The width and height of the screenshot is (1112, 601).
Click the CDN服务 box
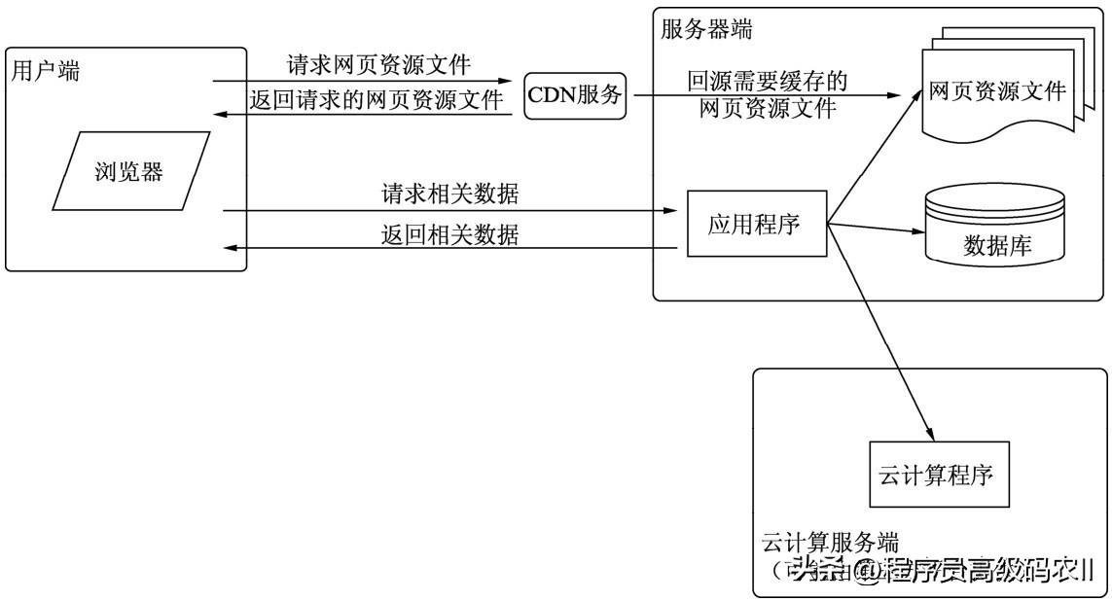574,95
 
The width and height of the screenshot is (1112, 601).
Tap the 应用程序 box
754,225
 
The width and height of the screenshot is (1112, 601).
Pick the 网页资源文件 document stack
996,94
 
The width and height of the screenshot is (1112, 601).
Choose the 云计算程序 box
939,476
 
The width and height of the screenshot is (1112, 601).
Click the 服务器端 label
705,28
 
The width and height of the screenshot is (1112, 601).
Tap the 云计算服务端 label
829,542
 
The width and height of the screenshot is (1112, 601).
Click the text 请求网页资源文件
378,65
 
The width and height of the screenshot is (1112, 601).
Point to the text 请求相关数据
449,194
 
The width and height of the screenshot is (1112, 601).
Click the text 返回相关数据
449,234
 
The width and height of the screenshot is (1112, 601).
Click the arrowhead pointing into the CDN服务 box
506,81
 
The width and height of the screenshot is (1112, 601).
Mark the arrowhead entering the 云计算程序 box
929,434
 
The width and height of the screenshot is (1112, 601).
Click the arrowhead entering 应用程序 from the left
669,210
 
